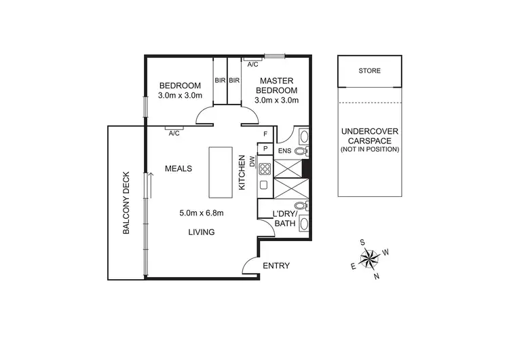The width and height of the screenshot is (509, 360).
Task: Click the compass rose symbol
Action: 370,258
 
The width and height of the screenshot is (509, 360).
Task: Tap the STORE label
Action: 370,71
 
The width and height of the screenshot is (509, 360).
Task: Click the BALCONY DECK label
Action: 126,202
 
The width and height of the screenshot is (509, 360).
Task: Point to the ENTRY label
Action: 276,266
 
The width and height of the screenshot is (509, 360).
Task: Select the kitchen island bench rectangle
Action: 221,171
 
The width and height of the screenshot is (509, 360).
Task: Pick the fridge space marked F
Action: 265,134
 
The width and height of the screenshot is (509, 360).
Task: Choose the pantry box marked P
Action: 265,148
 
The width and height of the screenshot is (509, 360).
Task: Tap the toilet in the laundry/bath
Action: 301,205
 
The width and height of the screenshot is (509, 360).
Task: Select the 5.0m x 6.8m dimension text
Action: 202,213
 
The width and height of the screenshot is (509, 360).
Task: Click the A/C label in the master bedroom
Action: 252,65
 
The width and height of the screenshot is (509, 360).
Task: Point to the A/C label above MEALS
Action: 174,133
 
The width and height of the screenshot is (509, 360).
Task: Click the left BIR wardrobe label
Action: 220,81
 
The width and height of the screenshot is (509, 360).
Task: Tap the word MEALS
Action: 178,168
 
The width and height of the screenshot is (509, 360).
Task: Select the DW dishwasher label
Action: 251,162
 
